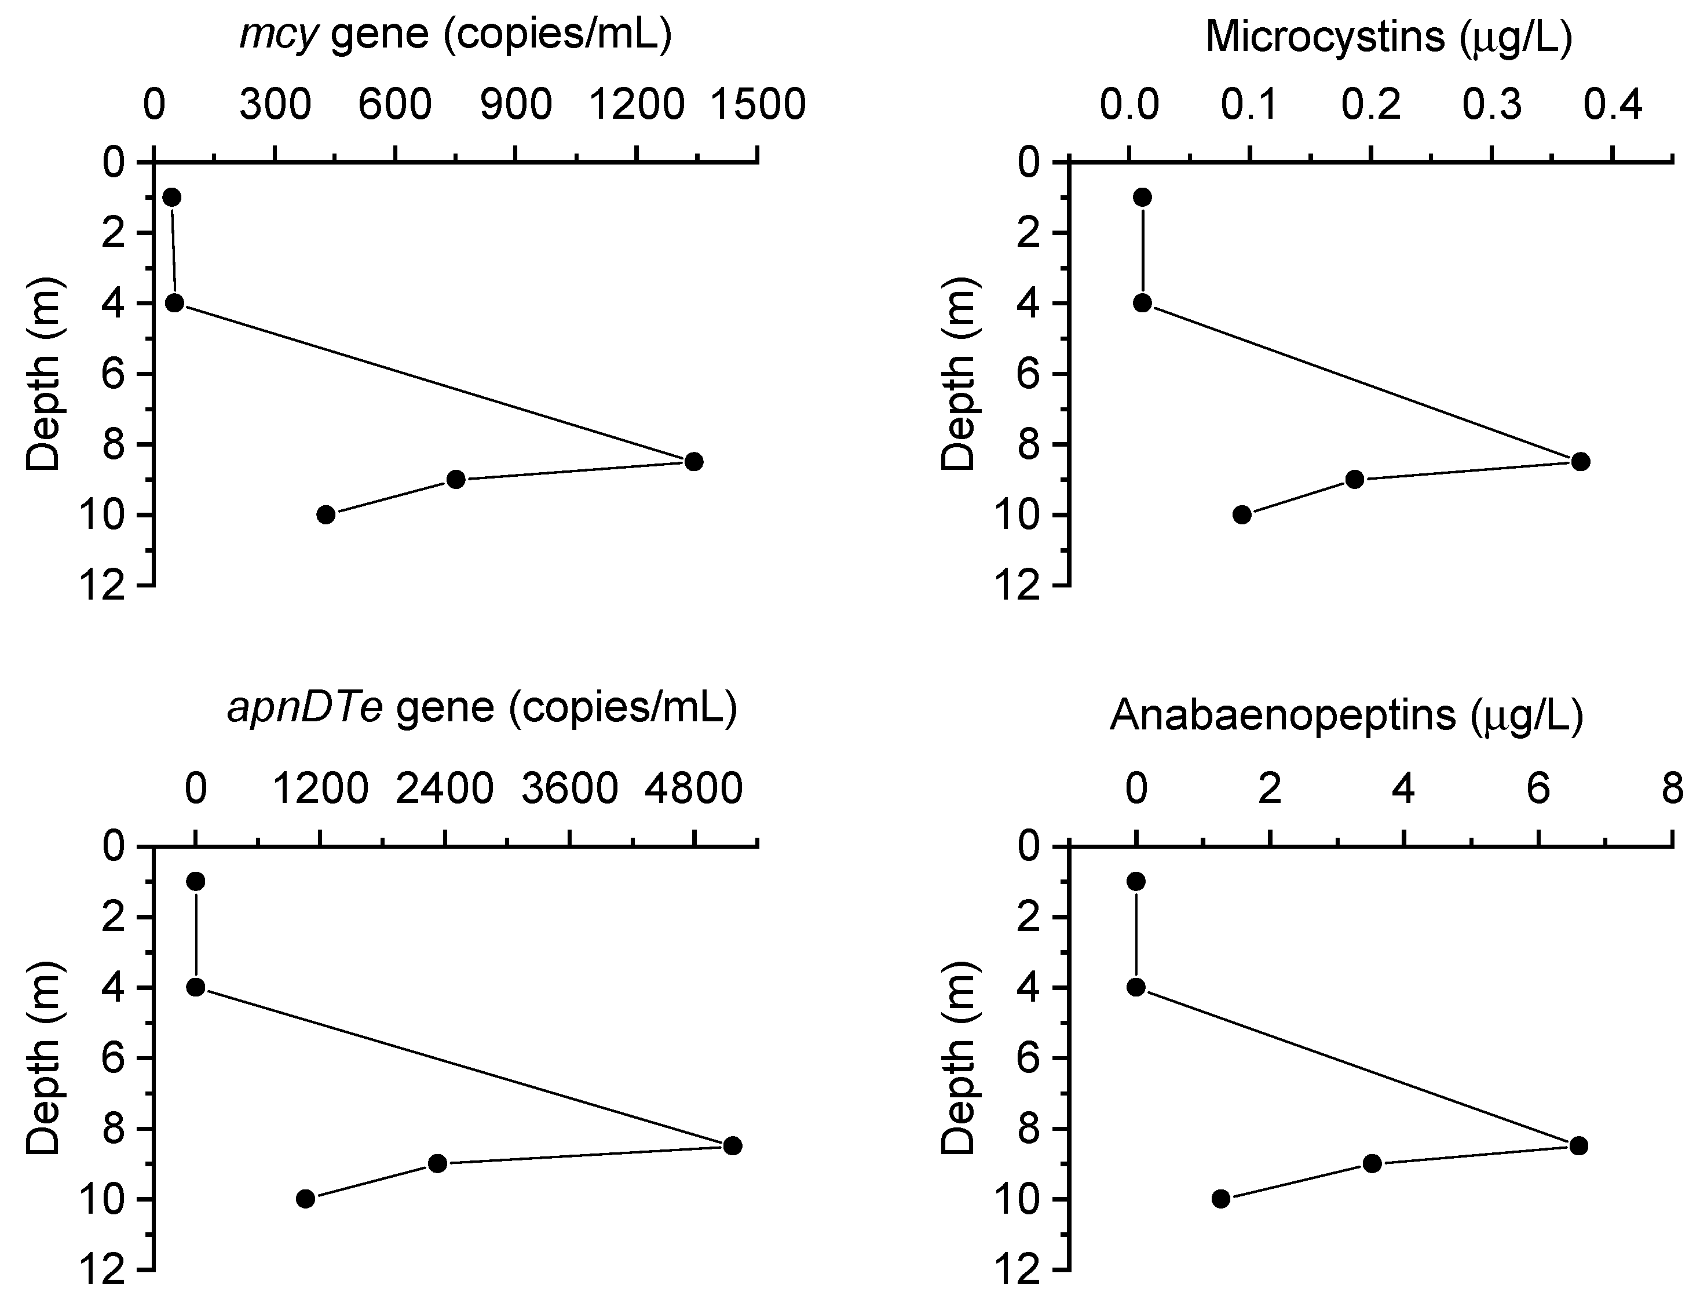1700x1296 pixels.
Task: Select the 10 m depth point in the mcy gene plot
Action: (326, 514)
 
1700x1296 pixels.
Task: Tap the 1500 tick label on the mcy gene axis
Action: (758, 105)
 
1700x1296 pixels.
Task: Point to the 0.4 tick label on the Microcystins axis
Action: (1612, 105)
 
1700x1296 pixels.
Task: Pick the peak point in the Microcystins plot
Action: (1581, 461)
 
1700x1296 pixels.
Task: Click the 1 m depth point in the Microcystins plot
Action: (1143, 197)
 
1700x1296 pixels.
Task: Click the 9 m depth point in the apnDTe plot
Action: (437, 1163)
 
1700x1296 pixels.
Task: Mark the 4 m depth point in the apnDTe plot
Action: (196, 987)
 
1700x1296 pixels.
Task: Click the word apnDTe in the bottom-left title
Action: (305, 708)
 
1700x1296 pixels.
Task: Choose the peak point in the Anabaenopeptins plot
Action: (1578, 1145)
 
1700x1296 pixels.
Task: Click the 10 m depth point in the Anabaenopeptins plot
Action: (1221, 1199)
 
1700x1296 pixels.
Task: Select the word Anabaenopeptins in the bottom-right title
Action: (1281, 716)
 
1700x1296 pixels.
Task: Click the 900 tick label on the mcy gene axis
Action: (516, 105)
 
